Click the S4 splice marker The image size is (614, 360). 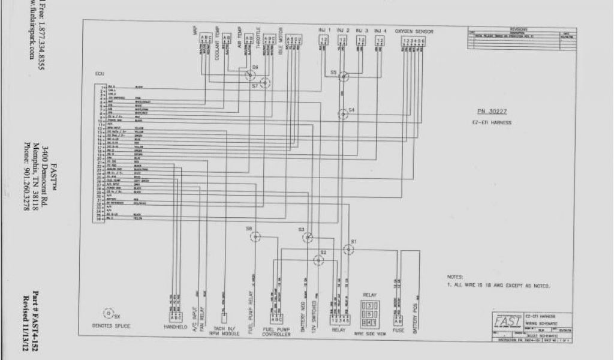[x=342, y=113]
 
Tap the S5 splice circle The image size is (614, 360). [x=343, y=76]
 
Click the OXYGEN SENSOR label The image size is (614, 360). [x=414, y=31]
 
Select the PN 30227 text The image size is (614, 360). [x=492, y=112]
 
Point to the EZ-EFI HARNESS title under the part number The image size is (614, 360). [x=492, y=122]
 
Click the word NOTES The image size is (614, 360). [x=455, y=277]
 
